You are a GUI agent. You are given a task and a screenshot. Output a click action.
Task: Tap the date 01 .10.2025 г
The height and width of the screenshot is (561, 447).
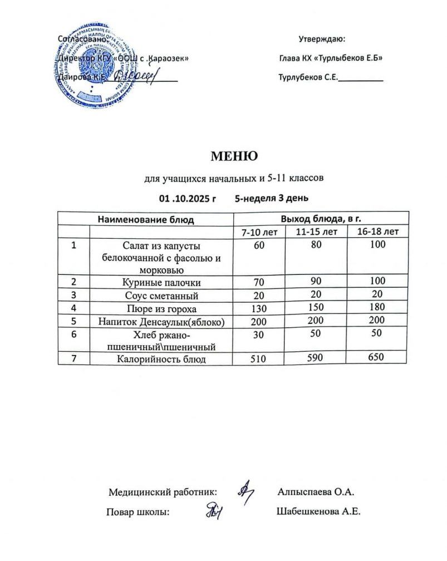click(188, 198)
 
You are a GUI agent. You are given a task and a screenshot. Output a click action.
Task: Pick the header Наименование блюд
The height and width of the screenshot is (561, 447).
click(146, 219)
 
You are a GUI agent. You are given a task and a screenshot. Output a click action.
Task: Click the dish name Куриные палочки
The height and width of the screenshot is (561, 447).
click(161, 283)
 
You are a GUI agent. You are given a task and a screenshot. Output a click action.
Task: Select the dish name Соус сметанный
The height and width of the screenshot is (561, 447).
click(161, 296)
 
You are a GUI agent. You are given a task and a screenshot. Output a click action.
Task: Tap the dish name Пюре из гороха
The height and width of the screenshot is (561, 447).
click(161, 308)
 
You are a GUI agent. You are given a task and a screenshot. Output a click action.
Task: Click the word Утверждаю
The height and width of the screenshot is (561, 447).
click(322, 40)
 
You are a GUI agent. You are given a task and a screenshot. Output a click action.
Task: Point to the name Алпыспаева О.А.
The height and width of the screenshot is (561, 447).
click(316, 492)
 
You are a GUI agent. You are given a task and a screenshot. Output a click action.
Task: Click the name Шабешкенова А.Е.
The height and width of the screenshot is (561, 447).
click(318, 512)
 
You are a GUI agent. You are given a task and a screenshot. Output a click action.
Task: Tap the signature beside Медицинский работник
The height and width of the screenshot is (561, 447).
click(245, 490)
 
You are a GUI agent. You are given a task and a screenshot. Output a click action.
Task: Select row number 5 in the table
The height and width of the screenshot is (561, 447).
click(73, 321)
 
